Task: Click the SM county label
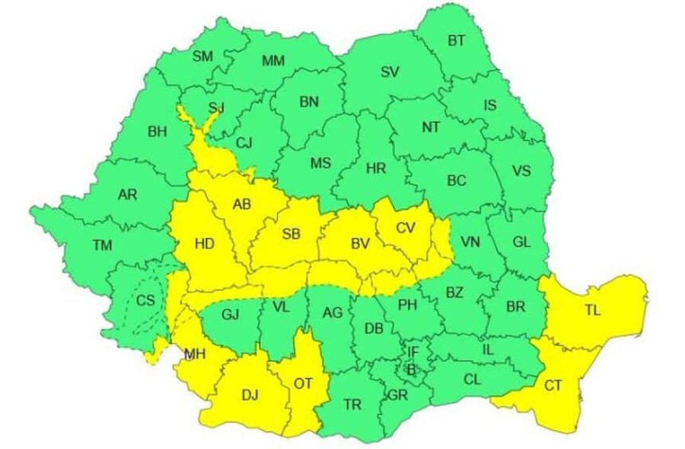[202, 56]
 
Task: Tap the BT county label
[456, 41]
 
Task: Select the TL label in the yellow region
[592, 311]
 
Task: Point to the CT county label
[554, 385]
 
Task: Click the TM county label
[102, 245]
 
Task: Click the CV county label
[406, 228]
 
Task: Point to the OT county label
[303, 384]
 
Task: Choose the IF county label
[413, 351]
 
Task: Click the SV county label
[389, 72]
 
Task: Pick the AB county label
[241, 205]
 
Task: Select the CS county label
[146, 300]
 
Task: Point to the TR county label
[353, 404]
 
